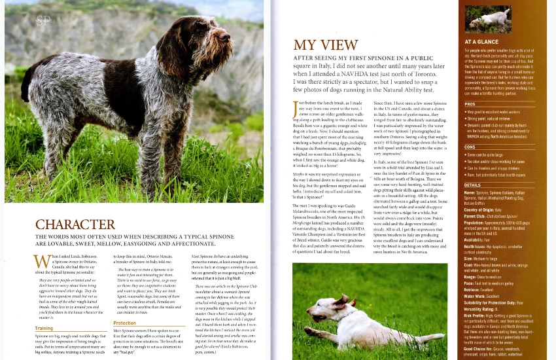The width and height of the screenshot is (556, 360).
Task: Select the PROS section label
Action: (470, 104)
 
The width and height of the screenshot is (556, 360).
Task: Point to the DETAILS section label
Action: (472, 185)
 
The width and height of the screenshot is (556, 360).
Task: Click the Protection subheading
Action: (124, 323)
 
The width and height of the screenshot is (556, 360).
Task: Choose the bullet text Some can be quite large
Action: (491, 154)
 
